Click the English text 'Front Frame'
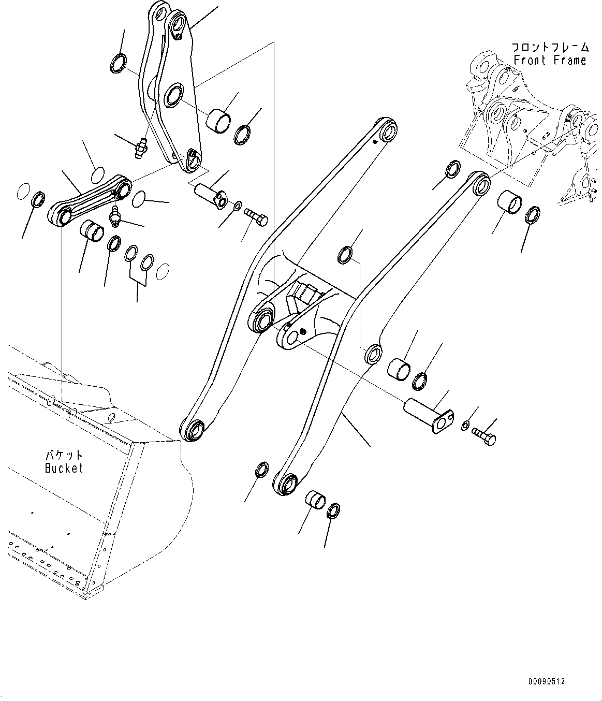tap(550, 60)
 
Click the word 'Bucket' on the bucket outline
tap(64, 469)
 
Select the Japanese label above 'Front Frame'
tap(550, 47)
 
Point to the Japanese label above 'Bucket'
tap(64, 456)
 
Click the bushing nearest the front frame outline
tap(509, 202)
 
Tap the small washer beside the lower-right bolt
tap(465, 426)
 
